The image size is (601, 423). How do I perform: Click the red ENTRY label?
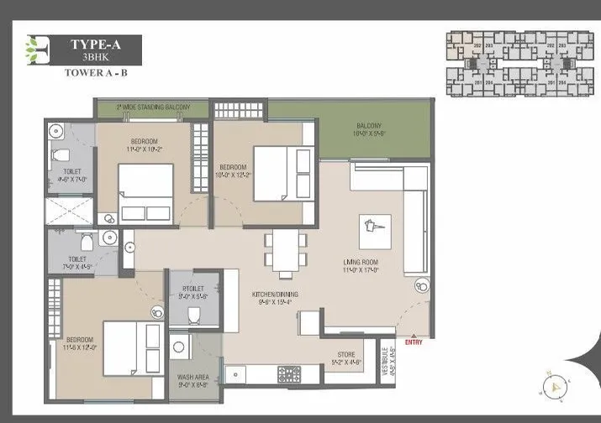pyautogui.click(x=414, y=341)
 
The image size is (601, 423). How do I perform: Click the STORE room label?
pyautogui.click(x=345, y=357)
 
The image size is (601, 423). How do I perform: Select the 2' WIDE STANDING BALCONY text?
pyautogui.click(x=154, y=107)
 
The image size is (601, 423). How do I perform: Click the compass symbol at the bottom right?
pyautogui.click(x=556, y=388)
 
